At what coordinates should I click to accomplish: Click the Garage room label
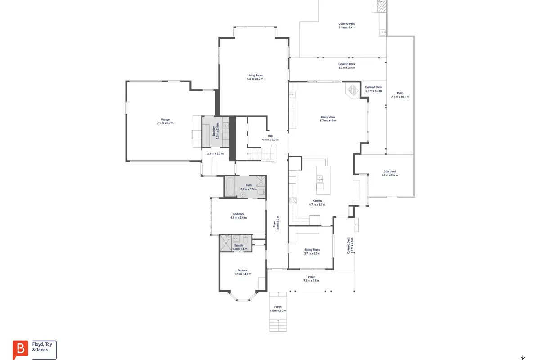coord(165,119)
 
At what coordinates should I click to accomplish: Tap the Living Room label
coord(255,75)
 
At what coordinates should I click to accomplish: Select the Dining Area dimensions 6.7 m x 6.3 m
coord(328,121)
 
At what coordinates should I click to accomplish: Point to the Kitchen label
coord(317,201)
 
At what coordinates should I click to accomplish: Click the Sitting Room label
coord(312,250)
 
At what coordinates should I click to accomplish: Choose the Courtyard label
coord(390,171)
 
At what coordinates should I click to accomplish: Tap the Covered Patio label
coord(347,24)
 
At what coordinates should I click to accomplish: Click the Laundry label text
coord(214,131)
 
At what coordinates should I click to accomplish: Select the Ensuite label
coord(239,245)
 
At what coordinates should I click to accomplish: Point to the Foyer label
coord(274,224)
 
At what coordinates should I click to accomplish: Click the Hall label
coord(270,136)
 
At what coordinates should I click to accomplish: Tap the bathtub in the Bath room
coord(230,187)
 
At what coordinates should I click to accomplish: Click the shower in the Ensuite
coord(226,243)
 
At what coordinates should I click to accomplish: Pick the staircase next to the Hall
coord(261,154)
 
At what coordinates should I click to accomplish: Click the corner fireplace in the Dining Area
coord(353,90)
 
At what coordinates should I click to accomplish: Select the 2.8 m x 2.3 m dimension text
coord(215,153)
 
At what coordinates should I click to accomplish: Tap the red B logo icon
coord(21,349)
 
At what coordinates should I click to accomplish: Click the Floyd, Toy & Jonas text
coord(42,347)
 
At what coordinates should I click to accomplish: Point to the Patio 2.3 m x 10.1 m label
coord(400,95)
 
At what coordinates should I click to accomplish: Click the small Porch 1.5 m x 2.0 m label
coord(278,309)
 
